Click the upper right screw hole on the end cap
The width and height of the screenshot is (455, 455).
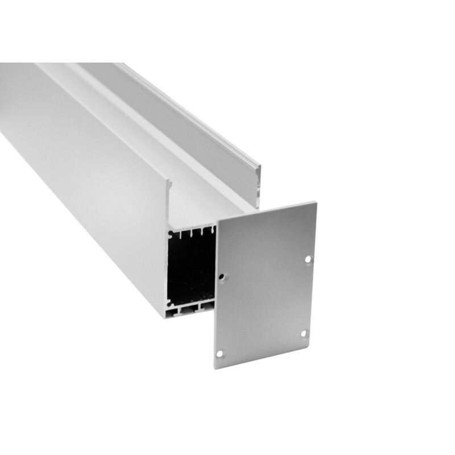click(308, 259)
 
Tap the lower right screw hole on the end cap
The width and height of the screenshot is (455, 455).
click(303, 333)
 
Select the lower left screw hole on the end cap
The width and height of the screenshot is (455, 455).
click(221, 354)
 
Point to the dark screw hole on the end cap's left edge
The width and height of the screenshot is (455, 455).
click(224, 278)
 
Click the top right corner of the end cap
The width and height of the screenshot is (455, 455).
click(316, 202)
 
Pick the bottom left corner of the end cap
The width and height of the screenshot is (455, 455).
click(214, 369)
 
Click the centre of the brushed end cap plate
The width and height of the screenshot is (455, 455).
click(265, 284)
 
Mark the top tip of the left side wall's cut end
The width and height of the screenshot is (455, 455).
click(169, 181)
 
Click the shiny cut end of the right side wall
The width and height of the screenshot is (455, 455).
click(258, 185)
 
